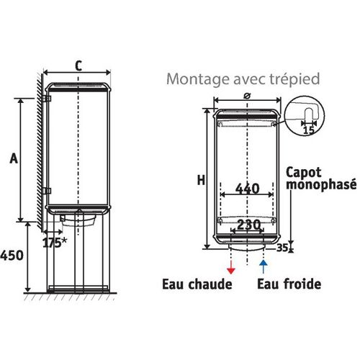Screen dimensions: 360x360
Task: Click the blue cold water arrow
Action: (264, 266)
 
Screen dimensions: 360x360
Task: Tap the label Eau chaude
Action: (197, 284)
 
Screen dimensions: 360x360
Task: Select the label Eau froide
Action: (289, 284)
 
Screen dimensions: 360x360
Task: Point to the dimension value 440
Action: (247, 189)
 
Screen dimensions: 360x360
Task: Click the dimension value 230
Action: (248, 225)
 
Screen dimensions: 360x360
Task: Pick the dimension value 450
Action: (12, 256)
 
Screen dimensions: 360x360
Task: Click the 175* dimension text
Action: (55, 243)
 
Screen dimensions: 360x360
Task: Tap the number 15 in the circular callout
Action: (309, 130)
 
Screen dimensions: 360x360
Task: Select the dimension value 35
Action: (282, 248)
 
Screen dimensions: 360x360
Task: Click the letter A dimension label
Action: (14, 158)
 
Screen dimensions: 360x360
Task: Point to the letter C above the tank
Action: (78, 66)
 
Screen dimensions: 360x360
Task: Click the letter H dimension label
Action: (201, 180)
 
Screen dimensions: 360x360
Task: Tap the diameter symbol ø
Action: (247, 96)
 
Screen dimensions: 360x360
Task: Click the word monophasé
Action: (321, 185)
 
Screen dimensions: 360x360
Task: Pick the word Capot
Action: (304, 173)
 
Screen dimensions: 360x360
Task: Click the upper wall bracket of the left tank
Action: (47, 99)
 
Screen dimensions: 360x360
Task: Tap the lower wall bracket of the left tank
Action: (47, 191)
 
